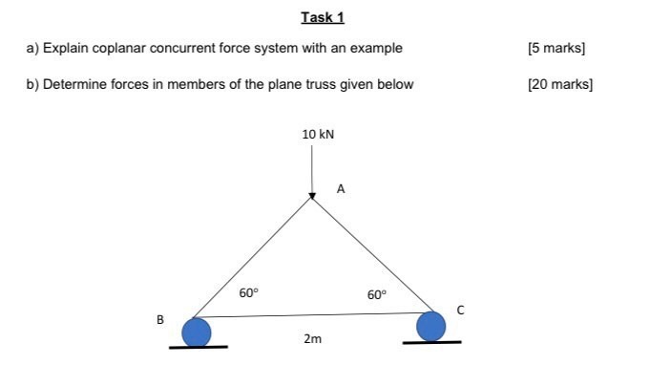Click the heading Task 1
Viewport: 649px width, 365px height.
pyautogui.click(x=323, y=17)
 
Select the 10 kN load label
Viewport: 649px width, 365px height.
pyautogui.click(x=318, y=135)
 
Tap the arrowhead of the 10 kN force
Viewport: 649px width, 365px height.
pyautogui.click(x=312, y=196)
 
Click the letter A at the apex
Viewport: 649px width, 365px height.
pyautogui.click(x=341, y=189)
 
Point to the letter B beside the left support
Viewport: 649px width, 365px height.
pyautogui.click(x=161, y=320)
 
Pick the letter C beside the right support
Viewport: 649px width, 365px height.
pyautogui.click(x=459, y=310)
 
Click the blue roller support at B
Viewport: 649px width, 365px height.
pyautogui.click(x=197, y=332)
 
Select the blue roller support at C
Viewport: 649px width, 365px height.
pyautogui.click(x=431, y=326)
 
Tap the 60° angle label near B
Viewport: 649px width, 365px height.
pyautogui.click(x=248, y=293)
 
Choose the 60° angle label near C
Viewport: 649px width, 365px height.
pyautogui.click(x=378, y=294)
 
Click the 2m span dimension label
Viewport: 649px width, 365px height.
pyautogui.click(x=312, y=339)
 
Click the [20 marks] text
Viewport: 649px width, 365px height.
pyautogui.click(x=559, y=84)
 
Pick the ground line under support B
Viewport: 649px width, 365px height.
pyautogui.click(x=198, y=348)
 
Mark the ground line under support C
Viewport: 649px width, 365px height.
pyautogui.click(x=431, y=342)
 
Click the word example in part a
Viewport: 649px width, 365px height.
pyautogui.click(x=377, y=48)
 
